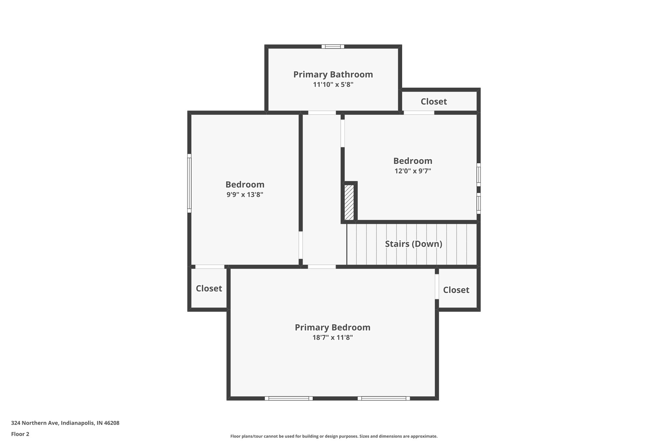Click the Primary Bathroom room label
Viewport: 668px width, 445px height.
pos(333,74)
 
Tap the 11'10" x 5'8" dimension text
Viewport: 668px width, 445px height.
pos(333,85)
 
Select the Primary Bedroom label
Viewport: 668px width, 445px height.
pos(332,327)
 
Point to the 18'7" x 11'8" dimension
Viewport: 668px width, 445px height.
pos(332,338)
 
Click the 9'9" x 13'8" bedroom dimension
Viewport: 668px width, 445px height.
pos(245,195)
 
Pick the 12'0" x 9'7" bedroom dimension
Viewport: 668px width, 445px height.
pos(413,171)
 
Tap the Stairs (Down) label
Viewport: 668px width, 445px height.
pos(413,244)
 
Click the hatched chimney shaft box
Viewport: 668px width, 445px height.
pos(349,202)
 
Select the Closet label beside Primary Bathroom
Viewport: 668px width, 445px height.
pos(433,102)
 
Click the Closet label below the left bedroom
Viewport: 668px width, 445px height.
pos(209,289)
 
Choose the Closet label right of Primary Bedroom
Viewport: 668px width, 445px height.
pos(456,290)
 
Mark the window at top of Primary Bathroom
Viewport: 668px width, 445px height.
pos(333,47)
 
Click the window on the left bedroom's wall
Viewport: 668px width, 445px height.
pos(189,183)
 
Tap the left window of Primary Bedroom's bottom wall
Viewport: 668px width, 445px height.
pos(289,398)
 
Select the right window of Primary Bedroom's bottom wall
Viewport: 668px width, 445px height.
pos(384,398)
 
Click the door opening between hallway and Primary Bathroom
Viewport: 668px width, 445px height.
pos(322,113)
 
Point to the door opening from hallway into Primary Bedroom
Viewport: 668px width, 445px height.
pos(322,267)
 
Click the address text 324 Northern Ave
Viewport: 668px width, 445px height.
pos(65,423)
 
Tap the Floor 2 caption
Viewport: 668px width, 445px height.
pos(20,434)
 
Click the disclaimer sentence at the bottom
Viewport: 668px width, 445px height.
pos(334,436)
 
